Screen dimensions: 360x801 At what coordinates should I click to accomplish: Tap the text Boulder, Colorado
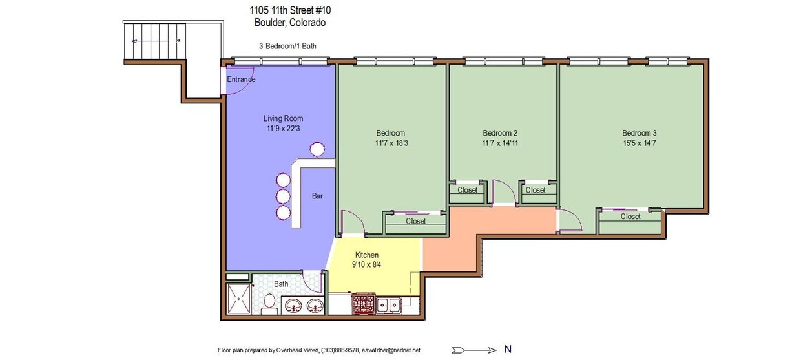[290, 22]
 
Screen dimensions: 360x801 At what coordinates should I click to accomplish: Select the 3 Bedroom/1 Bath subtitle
[287, 46]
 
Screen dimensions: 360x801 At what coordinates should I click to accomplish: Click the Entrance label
[241, 79]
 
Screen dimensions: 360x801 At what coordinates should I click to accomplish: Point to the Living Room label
[283, 118]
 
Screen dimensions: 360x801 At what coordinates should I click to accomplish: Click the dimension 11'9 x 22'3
[283, 129]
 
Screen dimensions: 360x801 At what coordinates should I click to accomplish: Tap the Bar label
[317, 196]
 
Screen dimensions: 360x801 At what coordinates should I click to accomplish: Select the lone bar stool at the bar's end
[317, 150]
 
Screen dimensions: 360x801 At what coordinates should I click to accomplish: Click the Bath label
[281, 284]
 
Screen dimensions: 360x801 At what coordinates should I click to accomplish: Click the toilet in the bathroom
[270, 306]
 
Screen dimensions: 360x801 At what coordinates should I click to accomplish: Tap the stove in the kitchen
[363, 304]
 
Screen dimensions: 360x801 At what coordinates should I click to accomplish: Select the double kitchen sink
[389, 304]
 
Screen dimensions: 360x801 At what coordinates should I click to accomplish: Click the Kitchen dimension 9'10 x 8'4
[367, 264]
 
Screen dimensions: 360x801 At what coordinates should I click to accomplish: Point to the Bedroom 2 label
[500, 133]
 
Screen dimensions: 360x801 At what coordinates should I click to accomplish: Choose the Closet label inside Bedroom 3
[630, 217]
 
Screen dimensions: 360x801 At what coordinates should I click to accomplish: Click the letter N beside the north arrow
[508, 350]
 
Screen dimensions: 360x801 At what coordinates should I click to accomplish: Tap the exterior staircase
[155, 41]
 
